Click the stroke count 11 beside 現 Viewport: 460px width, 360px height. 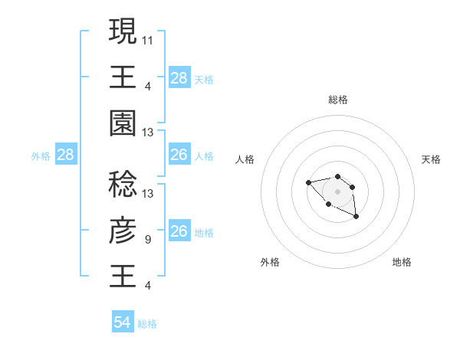(148, 39)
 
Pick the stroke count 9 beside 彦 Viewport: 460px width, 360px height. (148, 240)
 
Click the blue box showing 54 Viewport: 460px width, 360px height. (123, 322)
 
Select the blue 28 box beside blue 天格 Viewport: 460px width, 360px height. (179, 77)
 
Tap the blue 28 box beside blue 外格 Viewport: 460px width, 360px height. (66, 155)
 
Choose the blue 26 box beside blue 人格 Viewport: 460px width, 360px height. (179, 155)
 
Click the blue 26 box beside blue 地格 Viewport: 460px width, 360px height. (179, 231)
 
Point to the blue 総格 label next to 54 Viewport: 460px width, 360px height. (147, 324)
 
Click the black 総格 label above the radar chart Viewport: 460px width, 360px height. (337, 100)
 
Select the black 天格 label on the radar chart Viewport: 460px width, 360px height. (431, 159)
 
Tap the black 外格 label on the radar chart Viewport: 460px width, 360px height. (270, 262)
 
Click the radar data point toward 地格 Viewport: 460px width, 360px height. (356, 218)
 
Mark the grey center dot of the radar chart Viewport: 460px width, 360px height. (337, 191)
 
